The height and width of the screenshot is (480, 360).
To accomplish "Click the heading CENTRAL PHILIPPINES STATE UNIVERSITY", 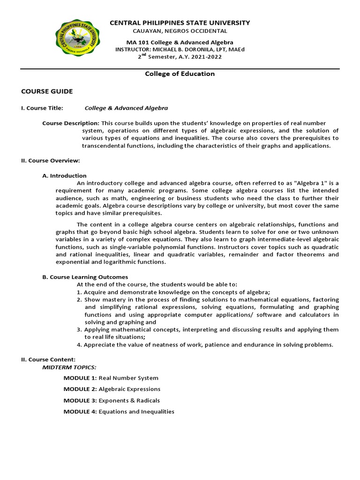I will point(180,22).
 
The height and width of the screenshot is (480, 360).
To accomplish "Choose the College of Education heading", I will point(180,74).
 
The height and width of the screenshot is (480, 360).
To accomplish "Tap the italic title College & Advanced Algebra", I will point(126,108).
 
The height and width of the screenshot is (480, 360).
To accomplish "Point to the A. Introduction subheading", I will point(65,176).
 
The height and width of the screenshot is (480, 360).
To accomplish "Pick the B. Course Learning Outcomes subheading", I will point(85,277).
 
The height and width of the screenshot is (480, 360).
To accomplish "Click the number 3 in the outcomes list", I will point(79,330).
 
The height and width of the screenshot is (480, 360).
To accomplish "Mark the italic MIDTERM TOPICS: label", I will point(69,367).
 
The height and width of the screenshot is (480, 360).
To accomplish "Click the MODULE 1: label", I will point(80,378).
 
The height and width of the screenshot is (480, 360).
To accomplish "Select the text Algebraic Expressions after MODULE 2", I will point(129,389).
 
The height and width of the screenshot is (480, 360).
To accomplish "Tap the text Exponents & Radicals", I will point(129,400).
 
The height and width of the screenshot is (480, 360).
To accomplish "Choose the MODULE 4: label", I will point(80,412).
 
